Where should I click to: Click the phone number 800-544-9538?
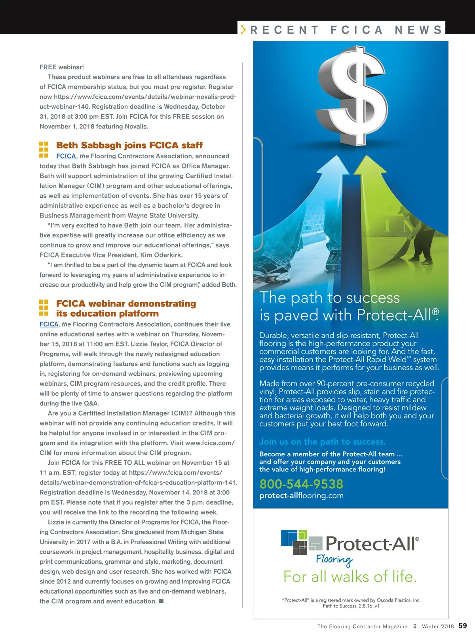coord(301,484)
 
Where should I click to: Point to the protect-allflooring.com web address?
coord(301,496)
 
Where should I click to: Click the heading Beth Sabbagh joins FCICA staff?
coord(129,145)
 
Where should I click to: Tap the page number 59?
coord(462,626)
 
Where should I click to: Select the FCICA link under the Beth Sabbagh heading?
coord(66,156)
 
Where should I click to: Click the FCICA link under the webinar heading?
coord(49,324)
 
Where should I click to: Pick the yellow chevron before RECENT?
coord(243,30)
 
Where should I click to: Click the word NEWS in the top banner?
coord(418,30)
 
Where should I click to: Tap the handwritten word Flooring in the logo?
coord(334,560)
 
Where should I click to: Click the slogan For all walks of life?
coord(350,577)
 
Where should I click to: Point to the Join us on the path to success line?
coord(322,442)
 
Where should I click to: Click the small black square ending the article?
coord(161,601)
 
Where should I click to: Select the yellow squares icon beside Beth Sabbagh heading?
coord(44,150)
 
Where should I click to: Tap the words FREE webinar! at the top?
coord(62,67)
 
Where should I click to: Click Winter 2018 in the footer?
coord(438,626)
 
